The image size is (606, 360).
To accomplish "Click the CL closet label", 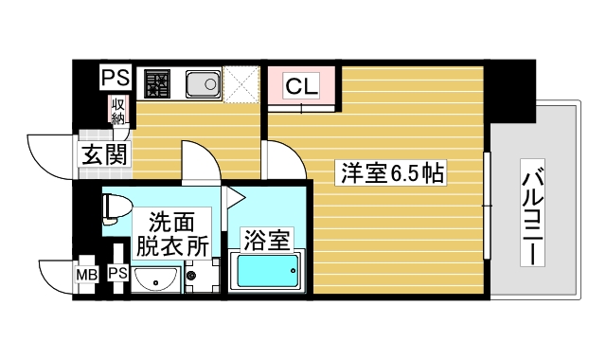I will (301, 87).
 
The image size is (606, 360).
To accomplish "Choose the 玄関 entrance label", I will (104, 153).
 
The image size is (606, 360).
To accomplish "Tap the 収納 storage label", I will (117, 111).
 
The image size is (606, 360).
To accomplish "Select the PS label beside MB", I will (117, 274).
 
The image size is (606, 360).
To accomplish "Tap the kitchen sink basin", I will (201, 85).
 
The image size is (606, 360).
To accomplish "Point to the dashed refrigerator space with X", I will (241, 84).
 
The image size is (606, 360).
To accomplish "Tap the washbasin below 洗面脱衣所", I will (155, 279).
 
